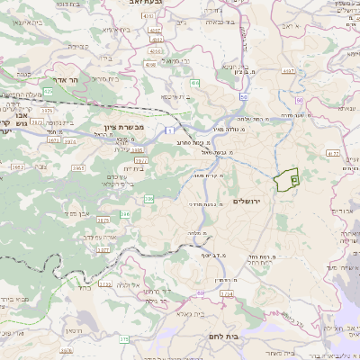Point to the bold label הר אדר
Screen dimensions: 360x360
pos(87,80)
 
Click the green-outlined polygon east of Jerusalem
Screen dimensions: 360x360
pos(287,181)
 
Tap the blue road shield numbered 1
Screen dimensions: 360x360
pos(167,132)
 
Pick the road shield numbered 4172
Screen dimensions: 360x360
pos(333,154)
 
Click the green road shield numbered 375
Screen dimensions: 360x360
pos(124,338)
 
